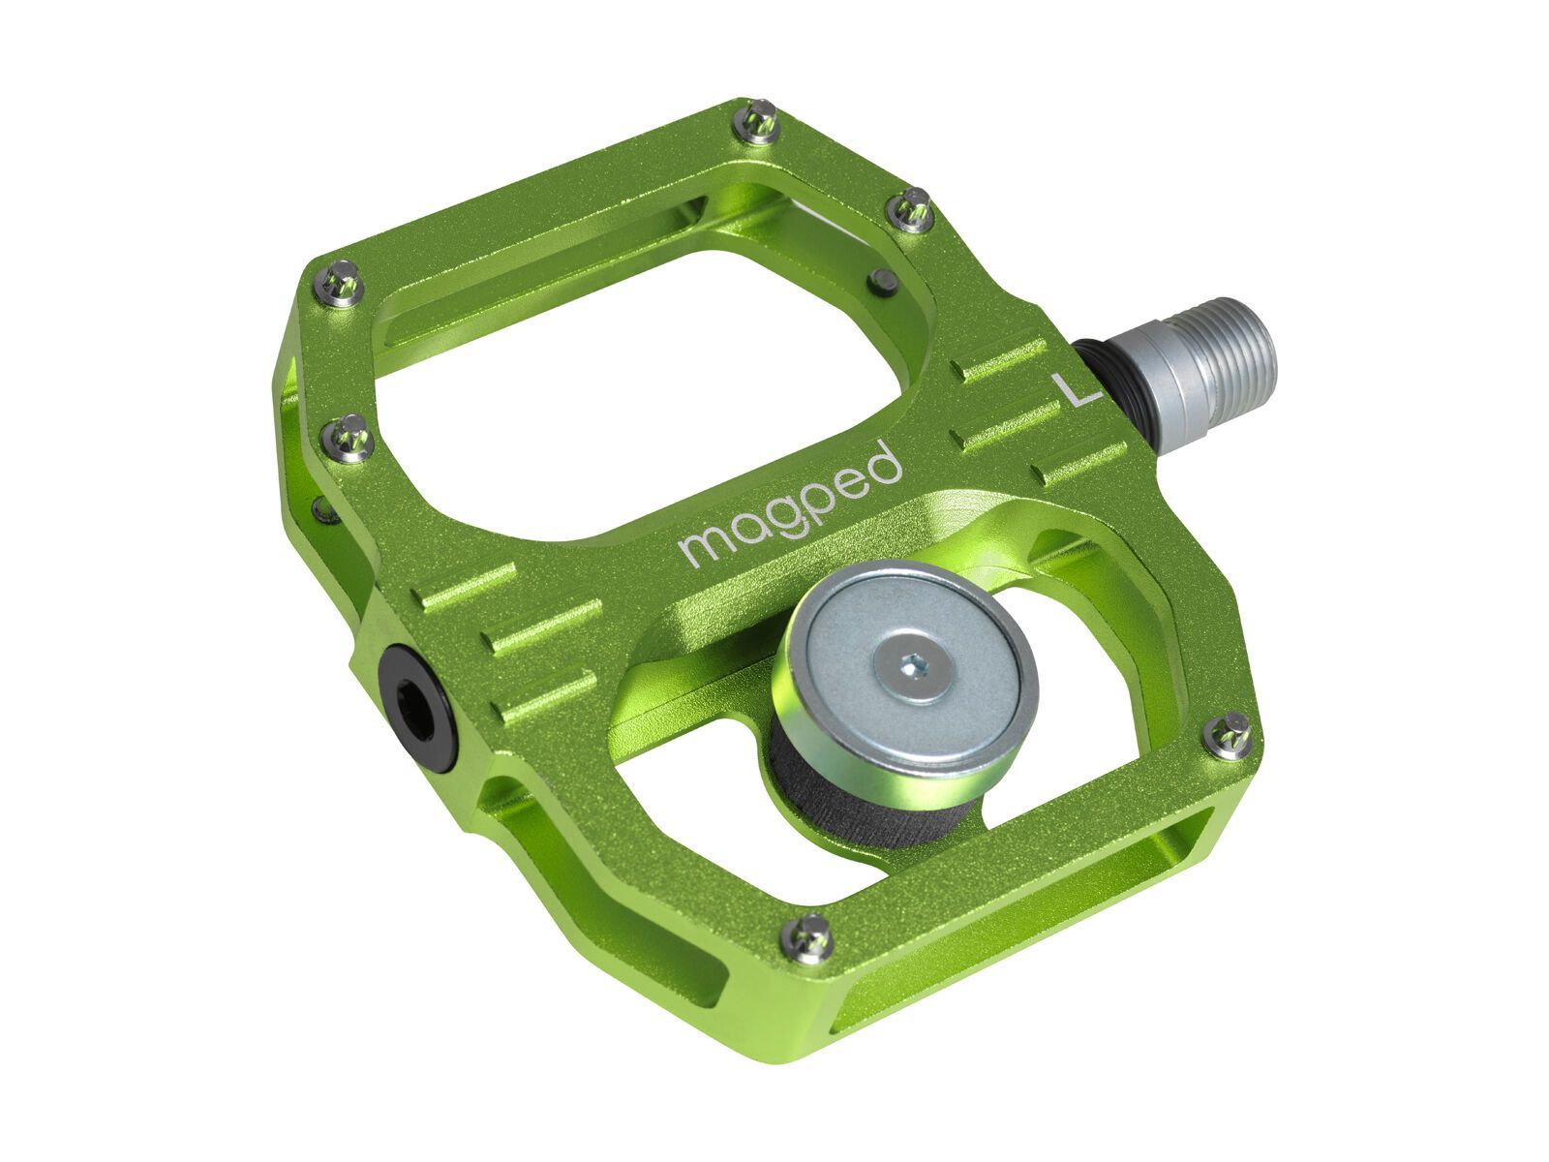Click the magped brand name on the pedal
coord(788,505)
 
